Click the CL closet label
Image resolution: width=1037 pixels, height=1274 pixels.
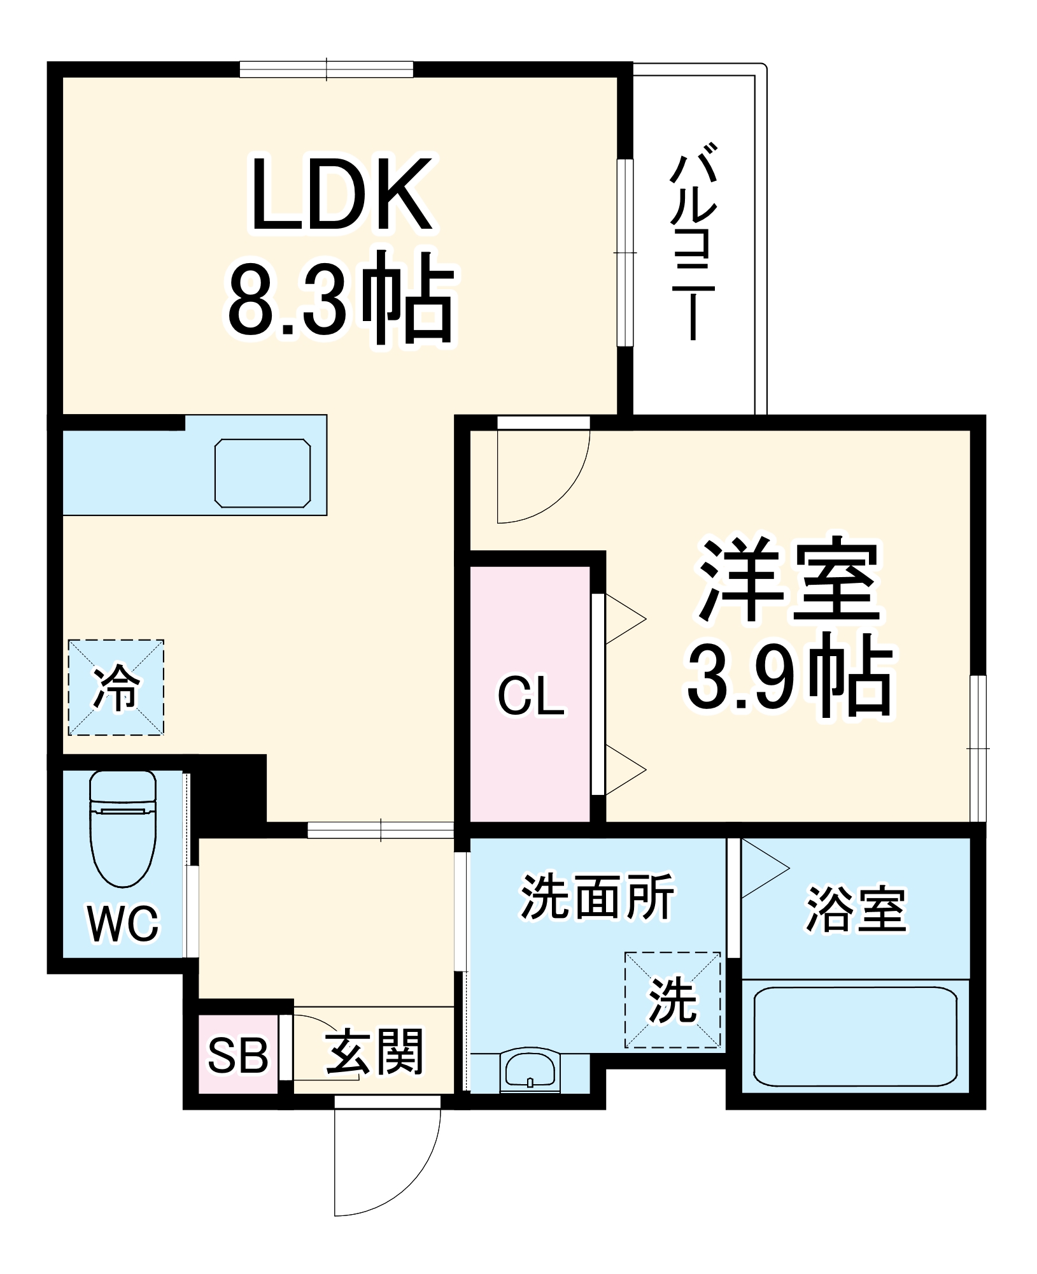pyautogui.click(x=530, y=696)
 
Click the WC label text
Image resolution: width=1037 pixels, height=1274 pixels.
pyautogui.click(x=123, y=923)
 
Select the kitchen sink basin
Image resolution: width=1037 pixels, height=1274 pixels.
pyautogui.click(x=262, y=473)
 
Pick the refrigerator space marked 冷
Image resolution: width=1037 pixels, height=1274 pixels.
pyautogui.click(x=116, y=687)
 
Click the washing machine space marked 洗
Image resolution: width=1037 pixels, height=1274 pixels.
pyautogui.click(x=672, y=999)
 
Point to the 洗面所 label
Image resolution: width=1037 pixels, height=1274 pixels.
pyautogui.click(x=596, y=897)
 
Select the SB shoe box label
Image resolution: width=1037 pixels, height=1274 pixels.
pyautogui.click(x=237, y=1054)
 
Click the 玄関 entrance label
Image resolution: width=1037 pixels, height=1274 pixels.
pyautogui.click(x=374, y=1052)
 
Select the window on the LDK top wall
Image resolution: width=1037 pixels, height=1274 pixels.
pyautogui.click(x=326, y=69)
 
